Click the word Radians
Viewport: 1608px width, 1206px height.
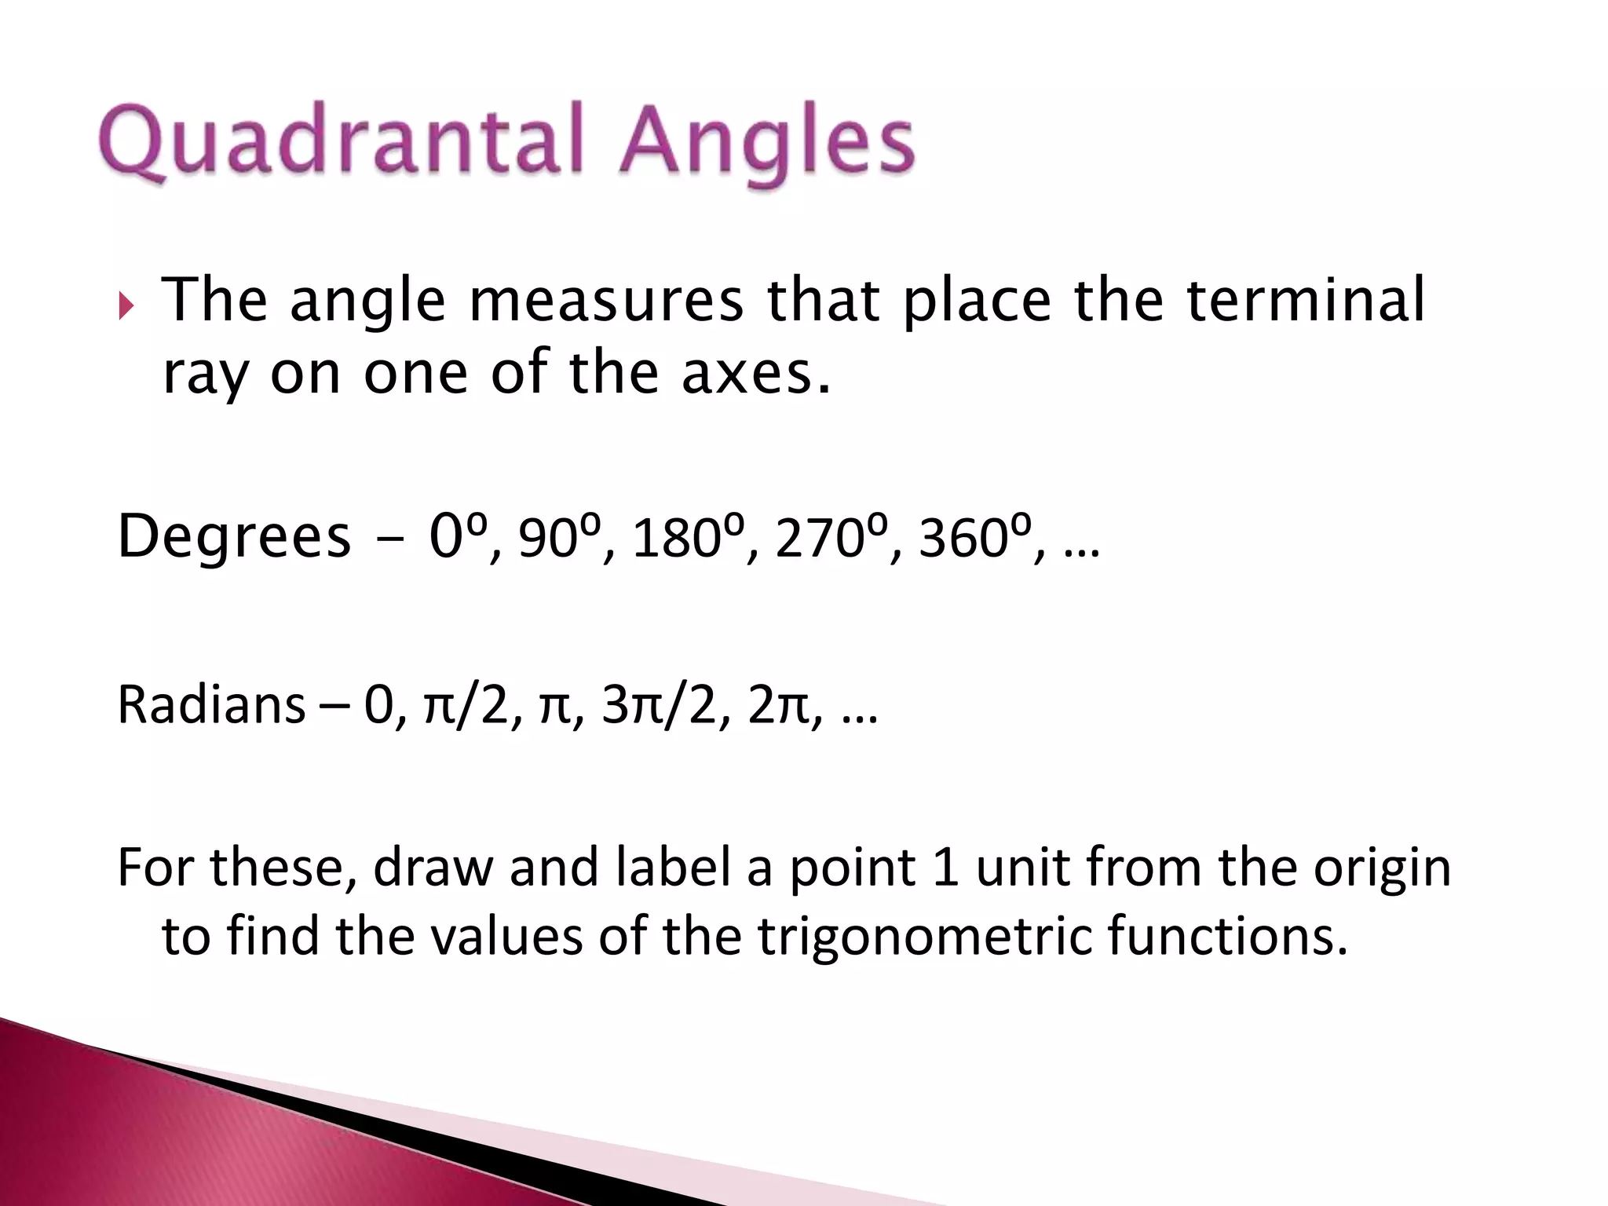[210, 704]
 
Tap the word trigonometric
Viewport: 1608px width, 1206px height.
[925, 937]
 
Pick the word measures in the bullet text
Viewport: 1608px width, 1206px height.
[606, 301]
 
